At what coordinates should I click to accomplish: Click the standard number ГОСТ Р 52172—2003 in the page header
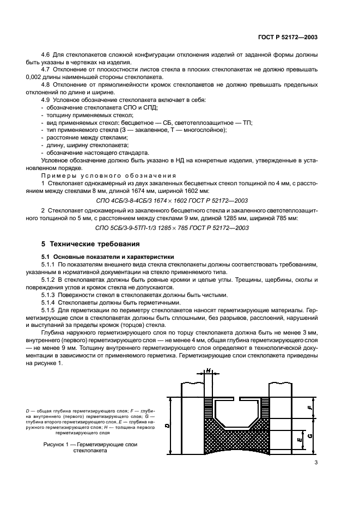[287, 37]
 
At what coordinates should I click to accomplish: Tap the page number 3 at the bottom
[316, 463]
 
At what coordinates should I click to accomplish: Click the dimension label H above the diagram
[208, 371]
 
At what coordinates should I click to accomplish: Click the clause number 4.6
[47, 56]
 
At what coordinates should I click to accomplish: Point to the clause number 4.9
[47, 101]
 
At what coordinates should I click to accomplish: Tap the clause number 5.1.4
[50, 302]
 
